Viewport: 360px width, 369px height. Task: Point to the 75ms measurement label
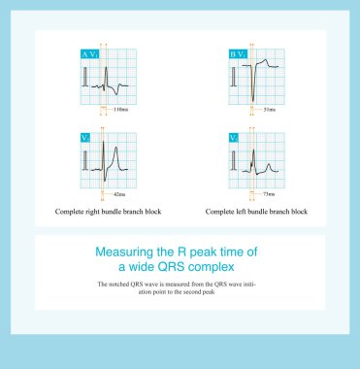coord(268,195)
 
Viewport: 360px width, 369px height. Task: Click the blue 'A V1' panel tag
coord(88,55)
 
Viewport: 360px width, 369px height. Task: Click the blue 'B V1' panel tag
coord(238,55)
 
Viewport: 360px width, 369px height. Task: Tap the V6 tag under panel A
coord(84,138)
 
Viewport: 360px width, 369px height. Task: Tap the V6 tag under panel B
coord(234,138)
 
